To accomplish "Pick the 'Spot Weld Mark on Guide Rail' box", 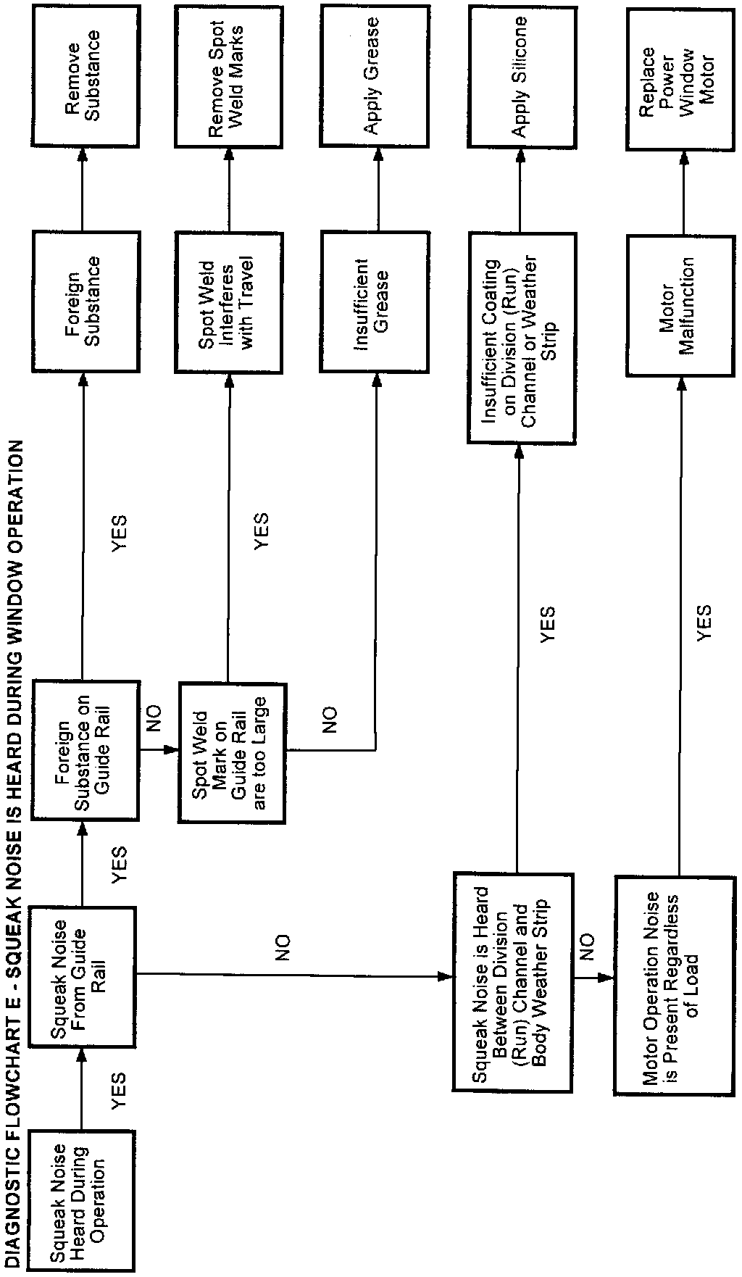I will pos(233,752).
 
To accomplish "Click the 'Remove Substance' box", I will pos(82,76).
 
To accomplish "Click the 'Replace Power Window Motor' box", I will pos(680,78).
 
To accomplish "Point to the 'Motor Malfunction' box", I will pos(680,304).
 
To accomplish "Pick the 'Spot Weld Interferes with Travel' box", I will pos(228,304).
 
